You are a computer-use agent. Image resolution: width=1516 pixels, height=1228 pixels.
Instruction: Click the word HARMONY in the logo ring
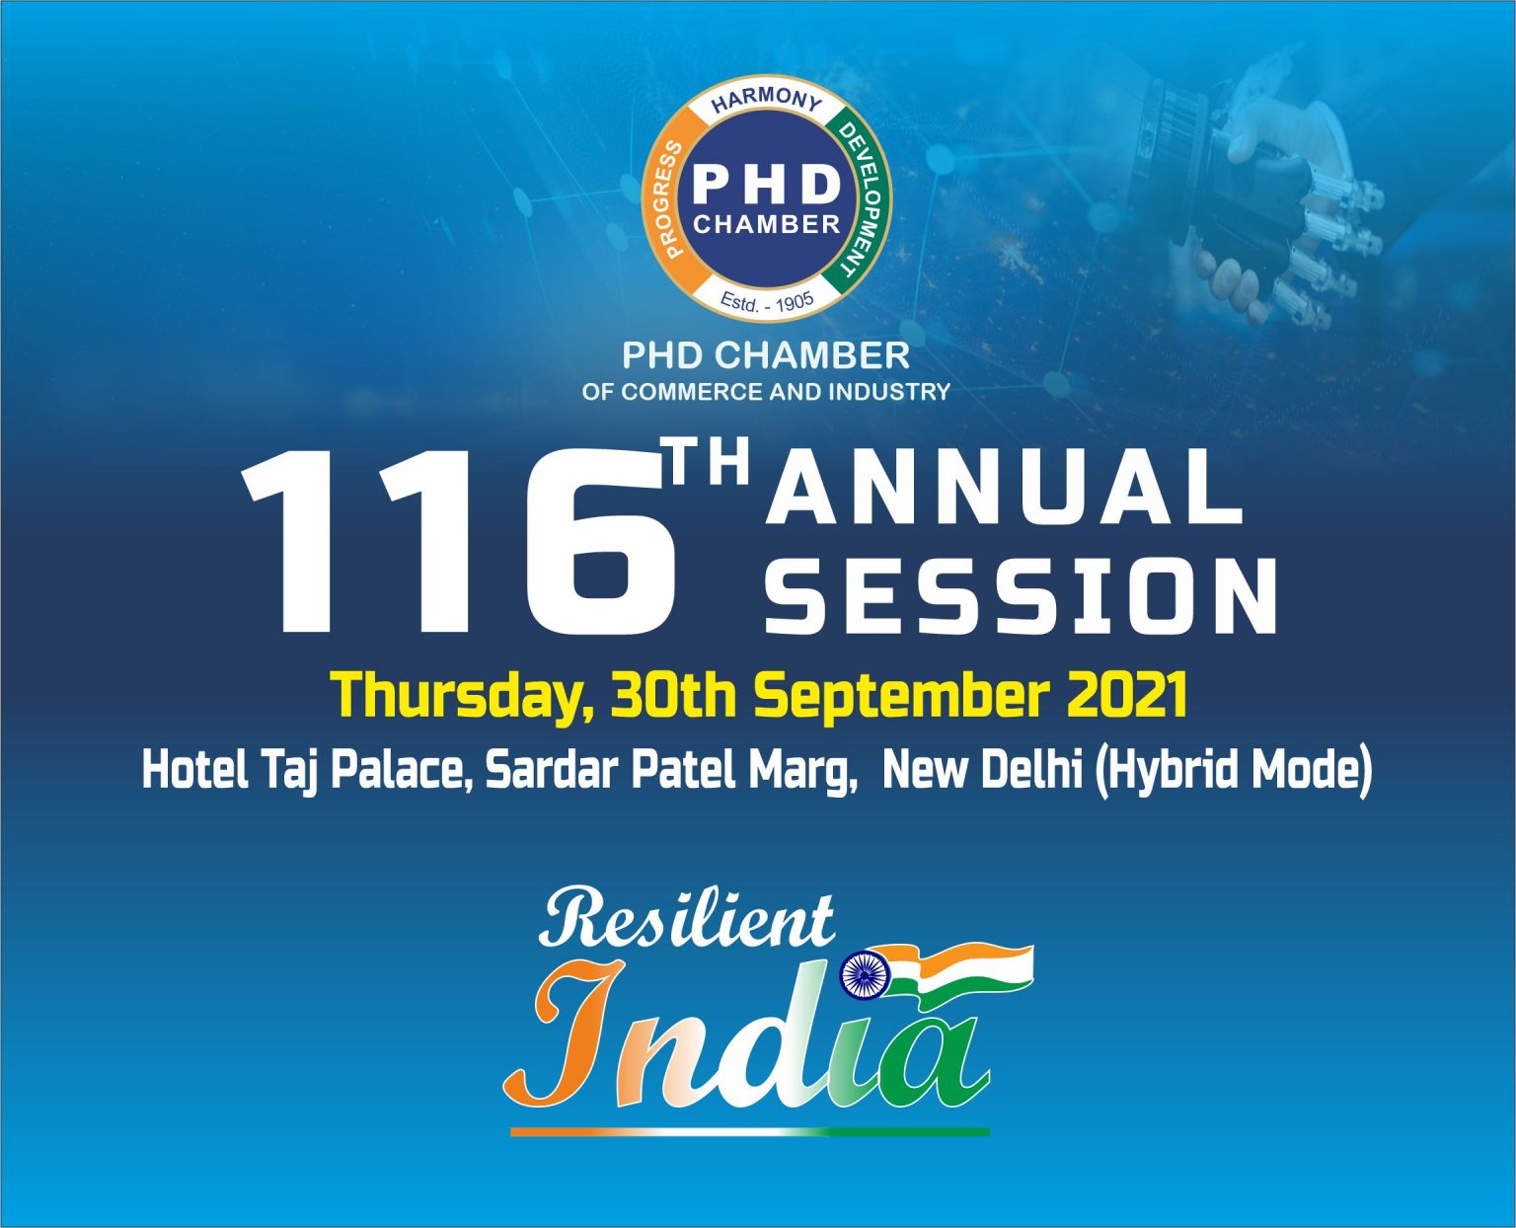(767, 101)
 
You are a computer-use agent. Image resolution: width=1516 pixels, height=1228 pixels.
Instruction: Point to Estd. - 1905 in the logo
(767, 301)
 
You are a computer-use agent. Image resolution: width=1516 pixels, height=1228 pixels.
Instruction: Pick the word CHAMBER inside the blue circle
(767, 224)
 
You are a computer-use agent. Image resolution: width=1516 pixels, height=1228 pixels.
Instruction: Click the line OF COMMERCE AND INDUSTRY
(766, 392)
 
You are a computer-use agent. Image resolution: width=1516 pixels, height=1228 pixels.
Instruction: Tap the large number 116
(459, 542)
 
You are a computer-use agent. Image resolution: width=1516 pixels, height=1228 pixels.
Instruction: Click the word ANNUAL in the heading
(1004, 487)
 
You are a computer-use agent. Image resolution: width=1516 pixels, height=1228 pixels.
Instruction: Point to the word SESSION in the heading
(1021, 595)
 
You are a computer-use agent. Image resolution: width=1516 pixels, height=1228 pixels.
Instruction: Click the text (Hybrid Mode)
(1232, 771)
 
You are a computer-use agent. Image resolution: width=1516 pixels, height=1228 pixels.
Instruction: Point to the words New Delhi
(982, 770)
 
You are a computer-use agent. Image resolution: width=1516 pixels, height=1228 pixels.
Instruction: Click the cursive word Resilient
(686, 919)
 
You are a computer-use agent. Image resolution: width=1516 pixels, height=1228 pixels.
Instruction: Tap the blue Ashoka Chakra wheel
(865, 975)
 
